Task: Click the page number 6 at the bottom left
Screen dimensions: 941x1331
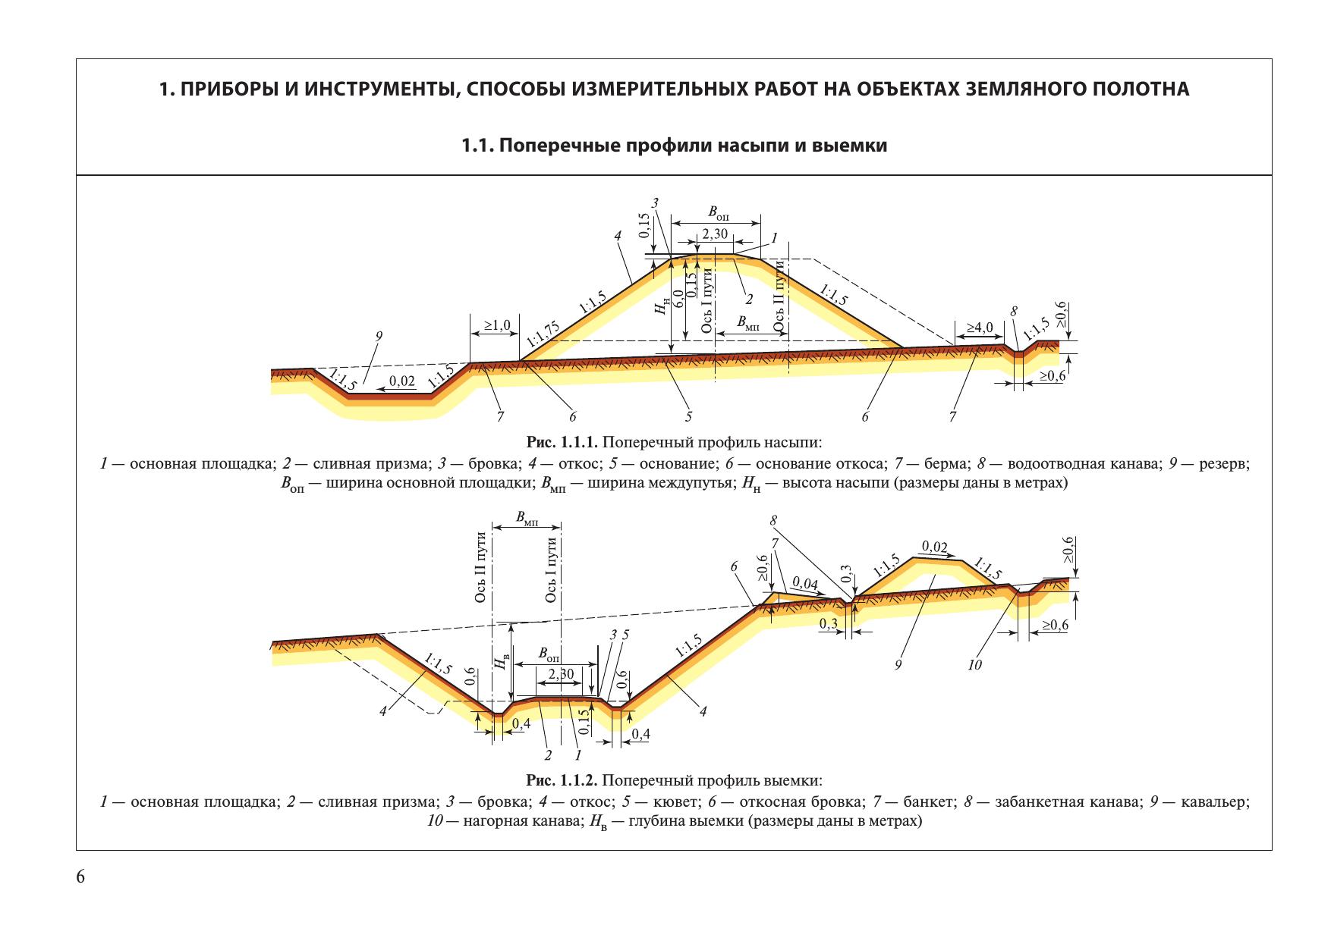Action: coord(80,877)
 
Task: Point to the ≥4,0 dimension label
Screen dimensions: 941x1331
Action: coord(979,328)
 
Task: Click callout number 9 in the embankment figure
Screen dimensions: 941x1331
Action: coord(379,336)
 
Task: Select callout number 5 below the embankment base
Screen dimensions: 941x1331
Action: coord(689,416)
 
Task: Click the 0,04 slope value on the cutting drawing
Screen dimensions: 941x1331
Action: coord(805,582)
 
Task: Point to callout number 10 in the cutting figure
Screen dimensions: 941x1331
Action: coord(974,665)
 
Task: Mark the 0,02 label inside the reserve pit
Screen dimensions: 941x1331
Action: coord(402,381)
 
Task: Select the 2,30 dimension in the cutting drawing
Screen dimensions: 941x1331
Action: coord(561,674)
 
